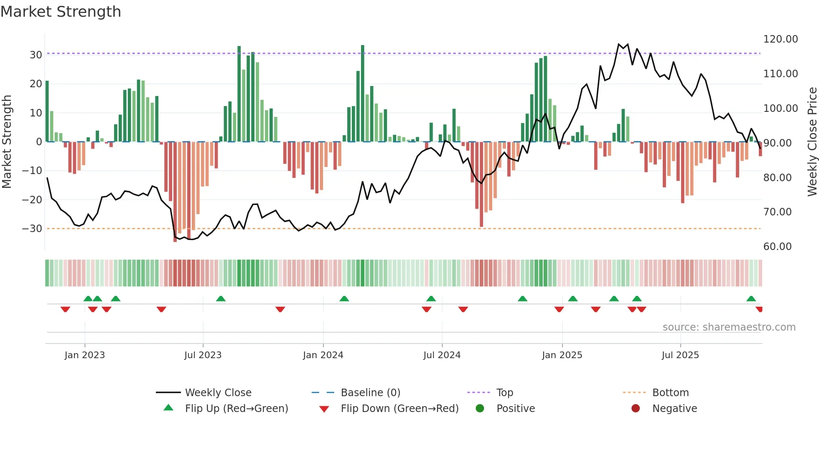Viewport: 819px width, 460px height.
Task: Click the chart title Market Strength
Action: point(61,12)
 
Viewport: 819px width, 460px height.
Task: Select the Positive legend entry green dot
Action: point(480,408)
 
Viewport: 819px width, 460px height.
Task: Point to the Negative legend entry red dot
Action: point(636,408)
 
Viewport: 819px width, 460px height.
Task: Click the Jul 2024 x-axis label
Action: point(442,355)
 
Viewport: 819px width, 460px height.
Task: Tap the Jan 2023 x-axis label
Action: point(84,355)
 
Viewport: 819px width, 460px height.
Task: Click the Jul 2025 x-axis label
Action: point(680,355)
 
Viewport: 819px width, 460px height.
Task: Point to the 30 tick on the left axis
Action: point(36,55)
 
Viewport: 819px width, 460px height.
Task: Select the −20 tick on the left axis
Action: point(32,200)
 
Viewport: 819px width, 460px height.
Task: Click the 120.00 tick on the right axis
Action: point(780,39)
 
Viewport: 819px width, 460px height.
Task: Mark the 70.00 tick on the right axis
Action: point(777,212)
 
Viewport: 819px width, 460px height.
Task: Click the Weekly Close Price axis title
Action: point(812,142)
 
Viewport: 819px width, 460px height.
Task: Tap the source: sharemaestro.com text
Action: point(729,327)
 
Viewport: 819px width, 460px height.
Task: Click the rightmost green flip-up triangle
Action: point(751,298)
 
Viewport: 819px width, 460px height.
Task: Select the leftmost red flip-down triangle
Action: point(65,309)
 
